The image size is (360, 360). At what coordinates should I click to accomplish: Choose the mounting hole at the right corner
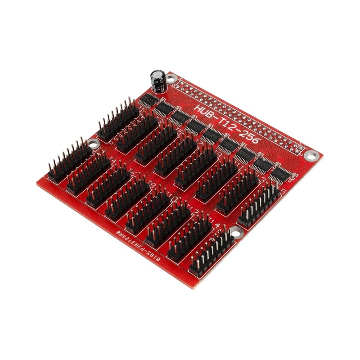(310, 155)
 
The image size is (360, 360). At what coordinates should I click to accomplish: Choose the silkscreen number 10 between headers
(174, 198)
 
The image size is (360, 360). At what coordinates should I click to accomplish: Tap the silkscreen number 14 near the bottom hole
(216, 225)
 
